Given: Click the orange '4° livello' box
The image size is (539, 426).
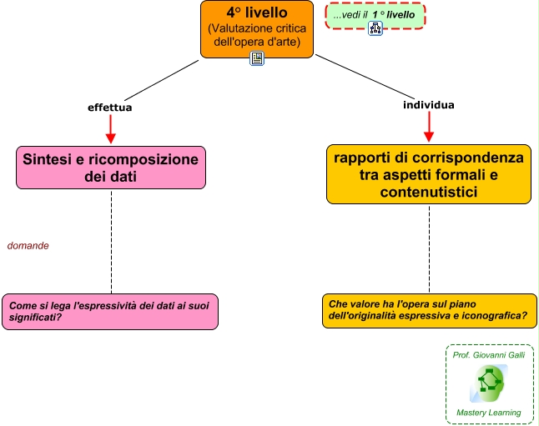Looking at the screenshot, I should pos(257,28).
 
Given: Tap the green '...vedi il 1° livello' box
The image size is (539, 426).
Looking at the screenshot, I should pos(375,15).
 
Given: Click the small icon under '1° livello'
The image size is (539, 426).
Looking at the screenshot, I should pos(375,28).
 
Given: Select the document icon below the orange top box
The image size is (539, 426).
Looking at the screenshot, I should pos(257,58).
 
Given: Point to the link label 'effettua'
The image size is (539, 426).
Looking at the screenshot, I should pos(110,108).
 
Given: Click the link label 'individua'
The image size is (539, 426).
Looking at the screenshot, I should pos(429,105).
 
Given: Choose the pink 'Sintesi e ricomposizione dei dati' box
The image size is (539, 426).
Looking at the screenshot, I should pos(111,167).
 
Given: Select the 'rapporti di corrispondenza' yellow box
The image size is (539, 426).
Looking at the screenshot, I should pos(429,174).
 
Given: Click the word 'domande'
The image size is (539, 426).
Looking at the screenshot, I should pos(28,246).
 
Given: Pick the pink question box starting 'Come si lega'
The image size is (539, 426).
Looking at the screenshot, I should pos(110,311).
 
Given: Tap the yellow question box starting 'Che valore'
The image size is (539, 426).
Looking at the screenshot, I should pos(429,310).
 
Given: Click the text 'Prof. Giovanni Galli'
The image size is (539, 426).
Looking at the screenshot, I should pos(489,354).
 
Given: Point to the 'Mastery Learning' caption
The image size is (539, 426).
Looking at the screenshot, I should pos(489,413).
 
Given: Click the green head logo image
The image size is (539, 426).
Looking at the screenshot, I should pos(489,383).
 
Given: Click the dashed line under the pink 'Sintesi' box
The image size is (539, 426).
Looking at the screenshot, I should pos(111,242).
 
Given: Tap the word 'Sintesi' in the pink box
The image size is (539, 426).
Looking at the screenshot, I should pos(49,158).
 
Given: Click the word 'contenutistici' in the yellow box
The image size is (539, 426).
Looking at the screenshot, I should pos(429,193).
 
